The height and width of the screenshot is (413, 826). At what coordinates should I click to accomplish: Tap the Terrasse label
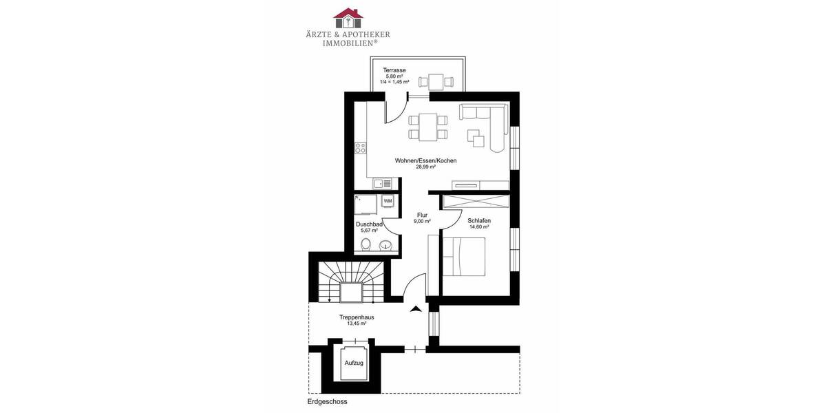coord(394,70)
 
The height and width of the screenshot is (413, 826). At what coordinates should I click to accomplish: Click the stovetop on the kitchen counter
coord(360,147)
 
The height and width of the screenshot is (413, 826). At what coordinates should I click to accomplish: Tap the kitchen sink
coord(383,184)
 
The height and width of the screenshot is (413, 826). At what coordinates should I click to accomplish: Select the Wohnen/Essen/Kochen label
coord(425,160)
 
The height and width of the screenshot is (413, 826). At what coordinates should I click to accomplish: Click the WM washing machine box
coord(388,201)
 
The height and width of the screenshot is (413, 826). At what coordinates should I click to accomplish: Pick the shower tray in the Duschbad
coord(365,204)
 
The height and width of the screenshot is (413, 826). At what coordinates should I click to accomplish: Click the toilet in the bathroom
coord(367,244)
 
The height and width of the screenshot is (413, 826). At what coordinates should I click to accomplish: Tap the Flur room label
coord(422,215)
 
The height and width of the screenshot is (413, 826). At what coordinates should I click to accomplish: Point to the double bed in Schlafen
coord(464,257)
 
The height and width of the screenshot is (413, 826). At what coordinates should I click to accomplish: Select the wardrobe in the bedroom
coord(476,202)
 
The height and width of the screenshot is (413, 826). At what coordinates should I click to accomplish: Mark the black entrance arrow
coord(415,310)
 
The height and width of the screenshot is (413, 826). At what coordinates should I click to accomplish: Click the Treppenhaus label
coord(357,317)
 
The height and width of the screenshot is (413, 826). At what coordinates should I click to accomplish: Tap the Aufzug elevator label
coord(354,362)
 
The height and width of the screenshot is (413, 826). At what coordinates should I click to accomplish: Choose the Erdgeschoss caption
coord(328,401)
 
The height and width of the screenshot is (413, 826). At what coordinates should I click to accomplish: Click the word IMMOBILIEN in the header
coord(350,43)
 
